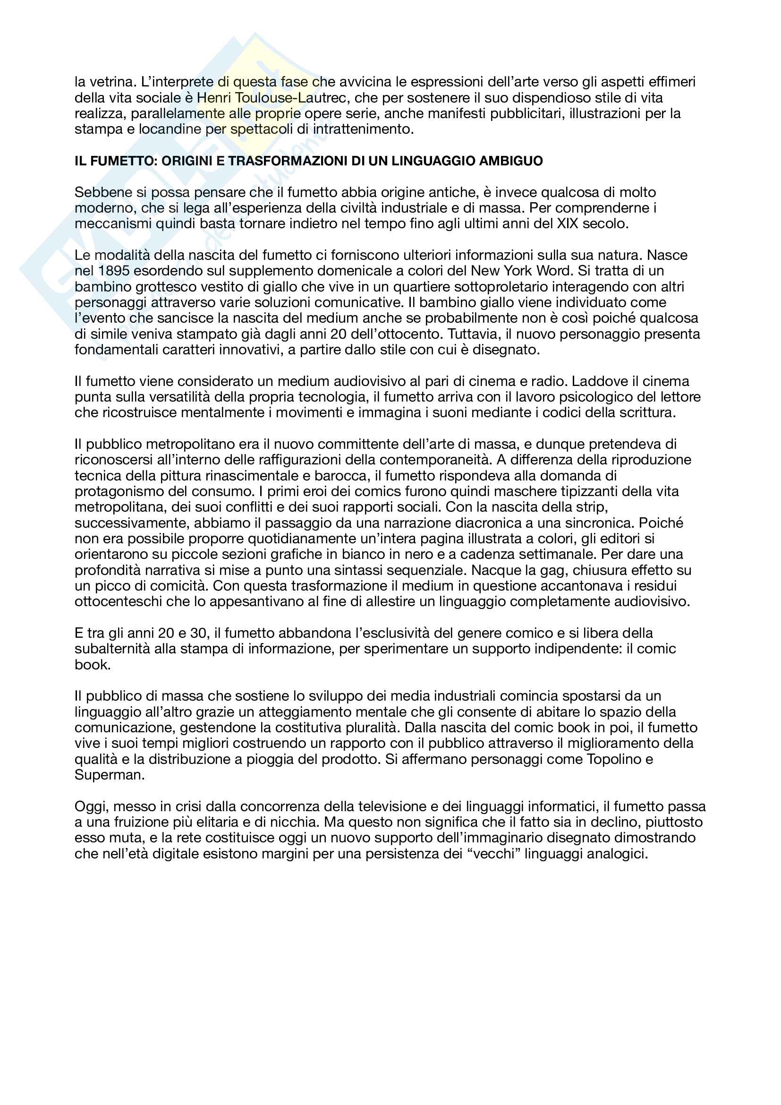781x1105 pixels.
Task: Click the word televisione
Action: [x=398, y=806]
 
